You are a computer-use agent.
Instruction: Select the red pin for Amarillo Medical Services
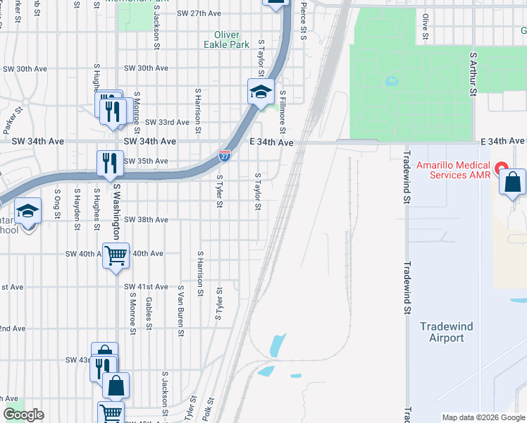coord(501,168)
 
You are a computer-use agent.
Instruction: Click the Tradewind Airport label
coord(447,332)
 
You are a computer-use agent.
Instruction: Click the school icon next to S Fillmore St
coord(260,92)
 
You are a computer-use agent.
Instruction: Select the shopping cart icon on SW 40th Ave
coord(116,255)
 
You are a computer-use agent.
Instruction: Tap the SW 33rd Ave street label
coord(167,122)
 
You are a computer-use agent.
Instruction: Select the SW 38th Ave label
coord(146,220)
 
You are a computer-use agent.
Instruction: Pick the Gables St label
coord(149,312)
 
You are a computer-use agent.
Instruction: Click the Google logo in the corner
coord(23,415)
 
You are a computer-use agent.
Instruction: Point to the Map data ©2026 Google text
coord(483,417)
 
